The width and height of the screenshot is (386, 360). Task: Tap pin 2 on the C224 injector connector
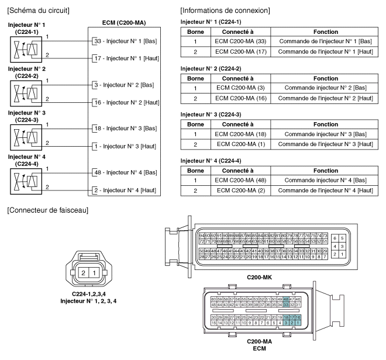coord(85,274)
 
